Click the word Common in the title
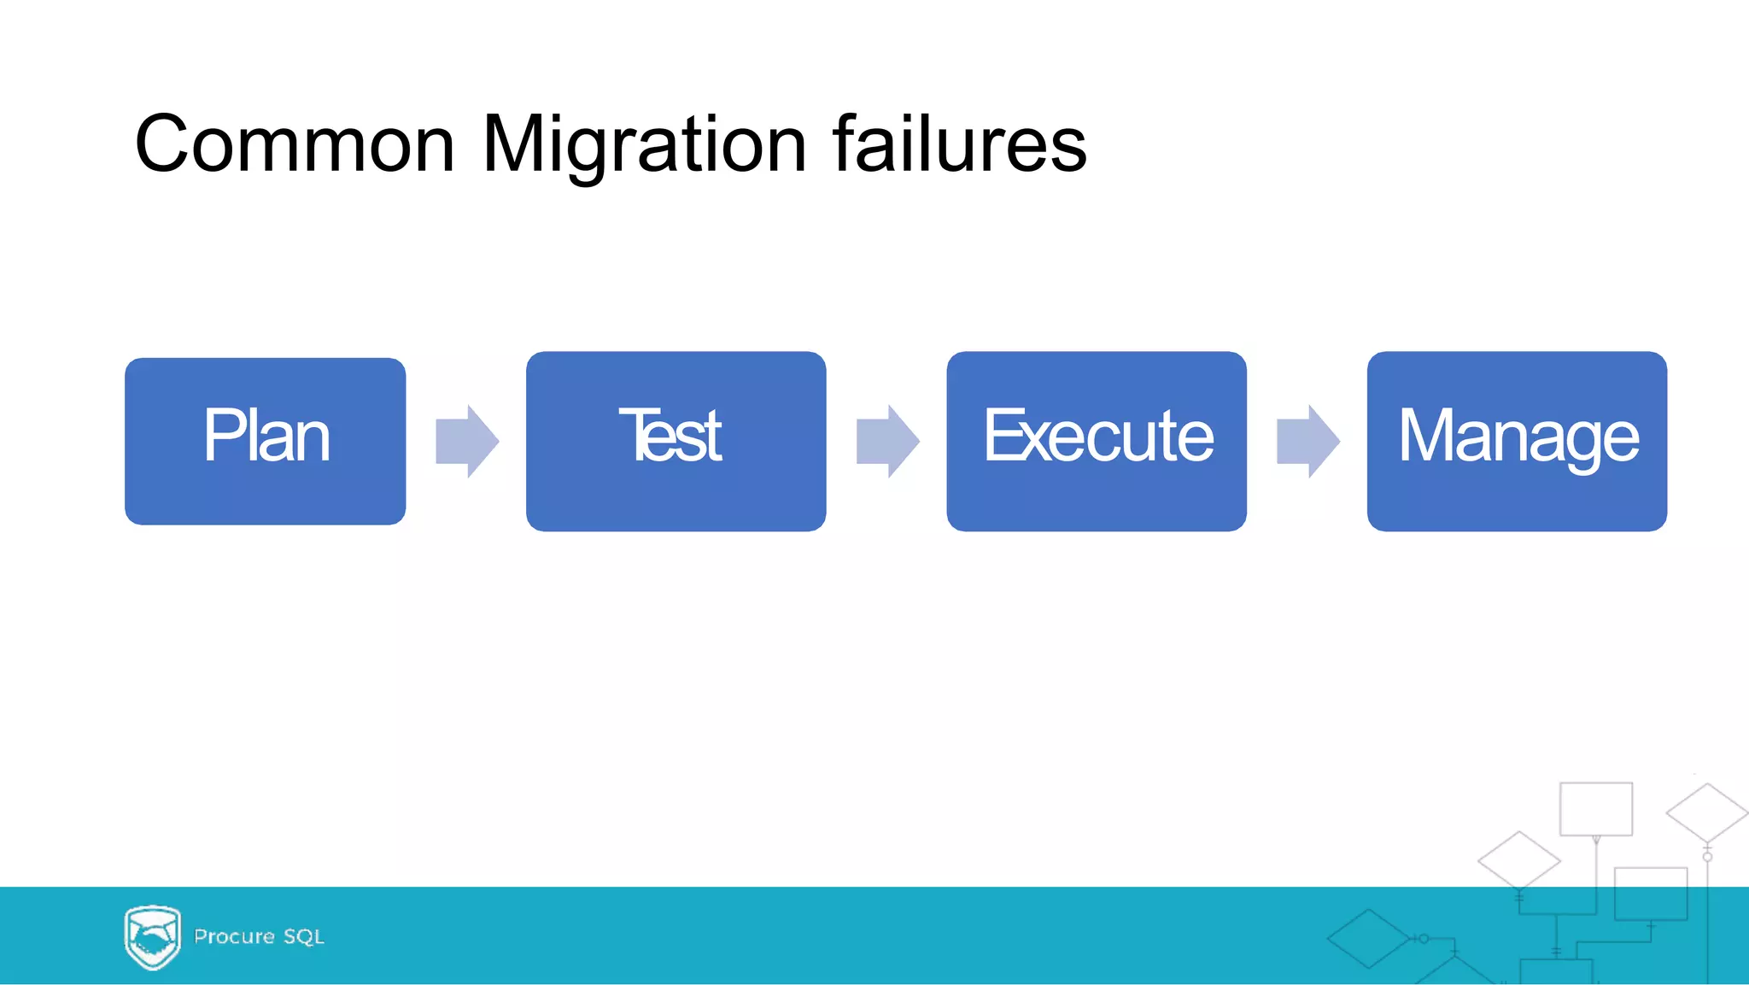point(295,145)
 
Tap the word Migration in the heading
point(644,145)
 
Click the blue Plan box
point(265,442)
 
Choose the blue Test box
point(676,442)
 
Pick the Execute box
point(1096,442)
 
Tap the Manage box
point(1517,442)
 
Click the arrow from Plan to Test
point(466,442)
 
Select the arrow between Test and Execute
point(887,442)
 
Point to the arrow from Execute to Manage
point(1307,442)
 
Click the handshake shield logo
point(153,937)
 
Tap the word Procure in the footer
point(234,937)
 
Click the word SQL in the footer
point(304,937)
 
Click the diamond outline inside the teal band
point(1368,939)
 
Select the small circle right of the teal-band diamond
point(1424,939)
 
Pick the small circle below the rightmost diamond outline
point(1707,857)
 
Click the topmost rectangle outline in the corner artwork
point(1595,808)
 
